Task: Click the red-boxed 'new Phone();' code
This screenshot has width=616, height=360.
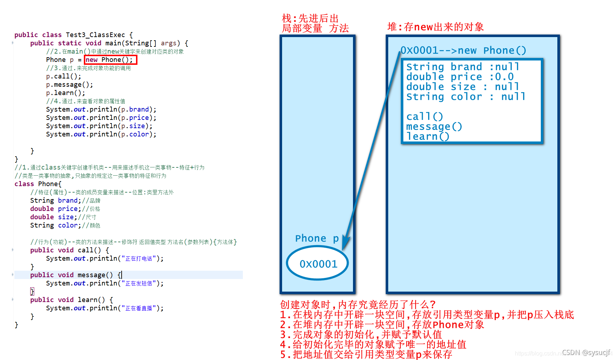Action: pyautogui.click(x=110, y=60)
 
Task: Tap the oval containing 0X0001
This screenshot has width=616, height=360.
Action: pyautogui.click(x=318, y=264)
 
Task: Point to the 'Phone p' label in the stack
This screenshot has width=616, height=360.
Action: pyautogui.click(x=317, y=238)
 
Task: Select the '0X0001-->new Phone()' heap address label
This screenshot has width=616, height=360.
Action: pyautogui.click(x=463, y=50)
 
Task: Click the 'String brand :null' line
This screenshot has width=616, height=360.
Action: pyautogui.click(x=463, y=67)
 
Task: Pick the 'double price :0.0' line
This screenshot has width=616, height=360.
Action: pyautogui.click(x=460, y=77)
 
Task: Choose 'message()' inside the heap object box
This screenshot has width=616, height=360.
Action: pyautogui.click(x=434, y=126)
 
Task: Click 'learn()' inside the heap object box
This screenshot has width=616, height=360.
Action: pyautogui.click(x=428, y=136)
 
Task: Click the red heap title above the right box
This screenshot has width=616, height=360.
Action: pyautogui.click(x=435, y=27)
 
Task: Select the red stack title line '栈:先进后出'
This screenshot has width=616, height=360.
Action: pyautogui.click(x=310, y=18)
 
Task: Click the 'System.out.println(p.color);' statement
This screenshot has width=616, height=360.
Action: pyautogui.click(x=101, y=134)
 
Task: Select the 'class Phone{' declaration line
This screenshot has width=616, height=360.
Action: pyautogui.click(x=38, y=184)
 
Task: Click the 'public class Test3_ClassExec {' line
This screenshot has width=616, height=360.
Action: pyautogui.click(x=74, y=35)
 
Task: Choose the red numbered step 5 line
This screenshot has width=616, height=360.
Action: pyautogui.click(x=366, y=355)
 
